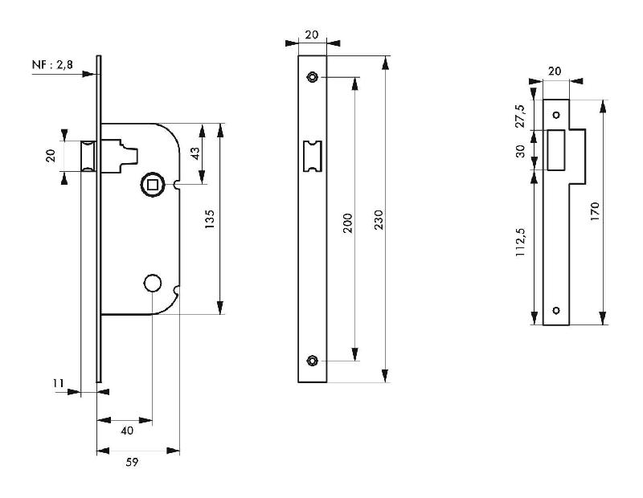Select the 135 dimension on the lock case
pyautogui.click(x=210, y=218)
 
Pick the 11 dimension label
pyautogui.click(x=58, y=385)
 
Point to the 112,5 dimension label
pyautogui.click(x=520, y=241)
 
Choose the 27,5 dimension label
pyautogui.click(x=520, y=115)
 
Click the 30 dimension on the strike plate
pyautogui.click(x=520, y=150)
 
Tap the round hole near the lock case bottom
pyautogui.click(x=151, y=283)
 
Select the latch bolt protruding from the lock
pyautogui.click(x=88, y=154)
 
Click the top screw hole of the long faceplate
pyautogui.click(x=312, y=77)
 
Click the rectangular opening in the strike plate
pyautogui.click(x=555, y=150)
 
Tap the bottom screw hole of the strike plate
pyautogui.click(x=556, y=310)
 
